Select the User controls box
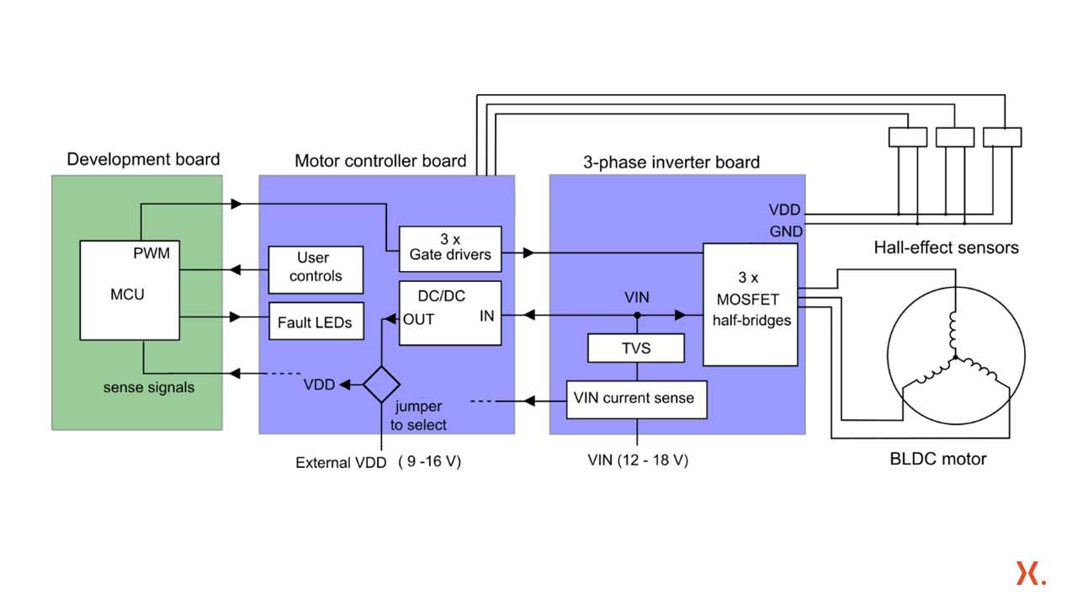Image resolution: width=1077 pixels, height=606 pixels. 316,268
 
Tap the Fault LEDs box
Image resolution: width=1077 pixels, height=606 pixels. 316,322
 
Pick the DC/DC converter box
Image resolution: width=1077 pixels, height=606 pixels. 449,313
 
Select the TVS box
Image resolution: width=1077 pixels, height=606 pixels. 635,348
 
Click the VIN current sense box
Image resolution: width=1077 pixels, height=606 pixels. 635,399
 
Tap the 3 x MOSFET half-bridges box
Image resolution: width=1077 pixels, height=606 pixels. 750,305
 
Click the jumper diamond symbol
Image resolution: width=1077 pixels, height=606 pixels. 381,385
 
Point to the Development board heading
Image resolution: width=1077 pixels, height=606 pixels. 143,159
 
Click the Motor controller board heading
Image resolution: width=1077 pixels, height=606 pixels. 380,161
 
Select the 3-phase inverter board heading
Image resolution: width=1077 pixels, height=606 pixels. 671,162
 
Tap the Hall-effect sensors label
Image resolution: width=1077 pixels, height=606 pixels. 946,247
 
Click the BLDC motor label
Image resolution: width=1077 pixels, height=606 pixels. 938,459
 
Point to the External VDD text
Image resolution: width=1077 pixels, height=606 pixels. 341,462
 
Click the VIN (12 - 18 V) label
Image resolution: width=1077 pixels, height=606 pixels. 638,460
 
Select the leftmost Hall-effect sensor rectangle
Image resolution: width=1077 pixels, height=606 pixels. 908,137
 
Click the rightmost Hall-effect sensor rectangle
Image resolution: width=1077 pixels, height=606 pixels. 1002,137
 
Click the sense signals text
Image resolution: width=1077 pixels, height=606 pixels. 149,387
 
